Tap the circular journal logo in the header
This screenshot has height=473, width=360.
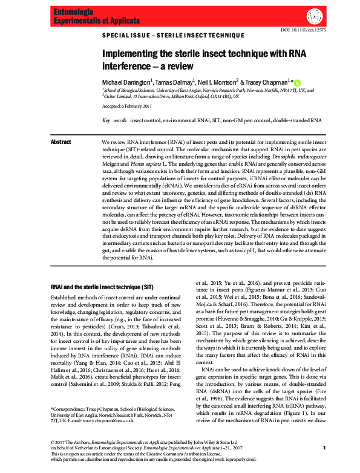(314, 16)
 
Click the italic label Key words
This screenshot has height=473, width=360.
(113, 120)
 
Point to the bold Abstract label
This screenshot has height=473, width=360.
(61, 142)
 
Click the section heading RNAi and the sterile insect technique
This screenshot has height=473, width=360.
(97, 287)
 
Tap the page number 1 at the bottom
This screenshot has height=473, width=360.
(324, 447)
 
